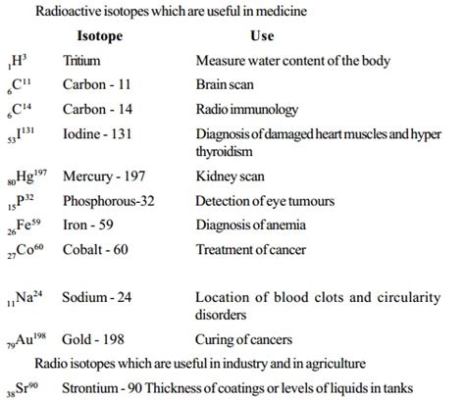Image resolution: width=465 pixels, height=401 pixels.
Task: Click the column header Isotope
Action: [106, 35]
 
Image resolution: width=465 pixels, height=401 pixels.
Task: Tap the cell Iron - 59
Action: [90, 225]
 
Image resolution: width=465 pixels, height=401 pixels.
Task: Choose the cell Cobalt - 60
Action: [96, 249]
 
